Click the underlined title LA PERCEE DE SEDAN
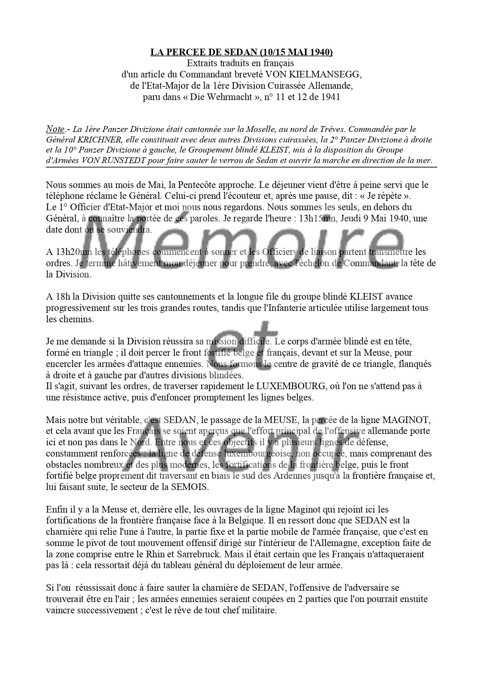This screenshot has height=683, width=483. (241, 52)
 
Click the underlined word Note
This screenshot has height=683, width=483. (55, 129)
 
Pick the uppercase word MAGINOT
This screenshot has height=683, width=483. (407, 420)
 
